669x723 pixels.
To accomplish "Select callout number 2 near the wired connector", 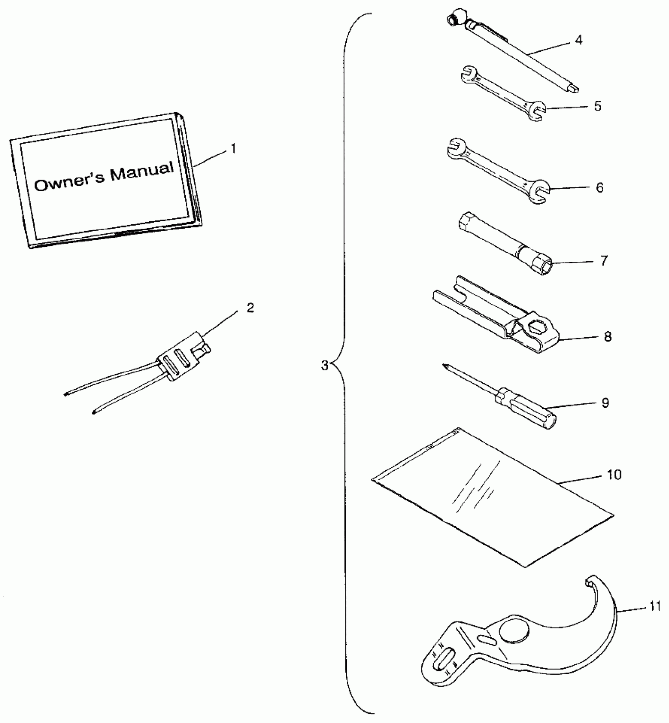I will (250, 308).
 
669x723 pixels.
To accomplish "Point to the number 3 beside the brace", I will (324, 366).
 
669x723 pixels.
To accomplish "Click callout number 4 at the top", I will (578, 40).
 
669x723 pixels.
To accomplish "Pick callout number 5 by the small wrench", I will (597, 106).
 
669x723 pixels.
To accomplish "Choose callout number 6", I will (599, 188).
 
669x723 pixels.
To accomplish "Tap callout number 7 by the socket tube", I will (604, 260).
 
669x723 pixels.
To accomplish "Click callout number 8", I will (608, 337).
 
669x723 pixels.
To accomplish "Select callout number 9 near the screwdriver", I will (605, 403).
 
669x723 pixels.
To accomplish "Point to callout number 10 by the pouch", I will (614, 475).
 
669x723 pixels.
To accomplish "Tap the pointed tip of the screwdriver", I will (445, 366).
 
